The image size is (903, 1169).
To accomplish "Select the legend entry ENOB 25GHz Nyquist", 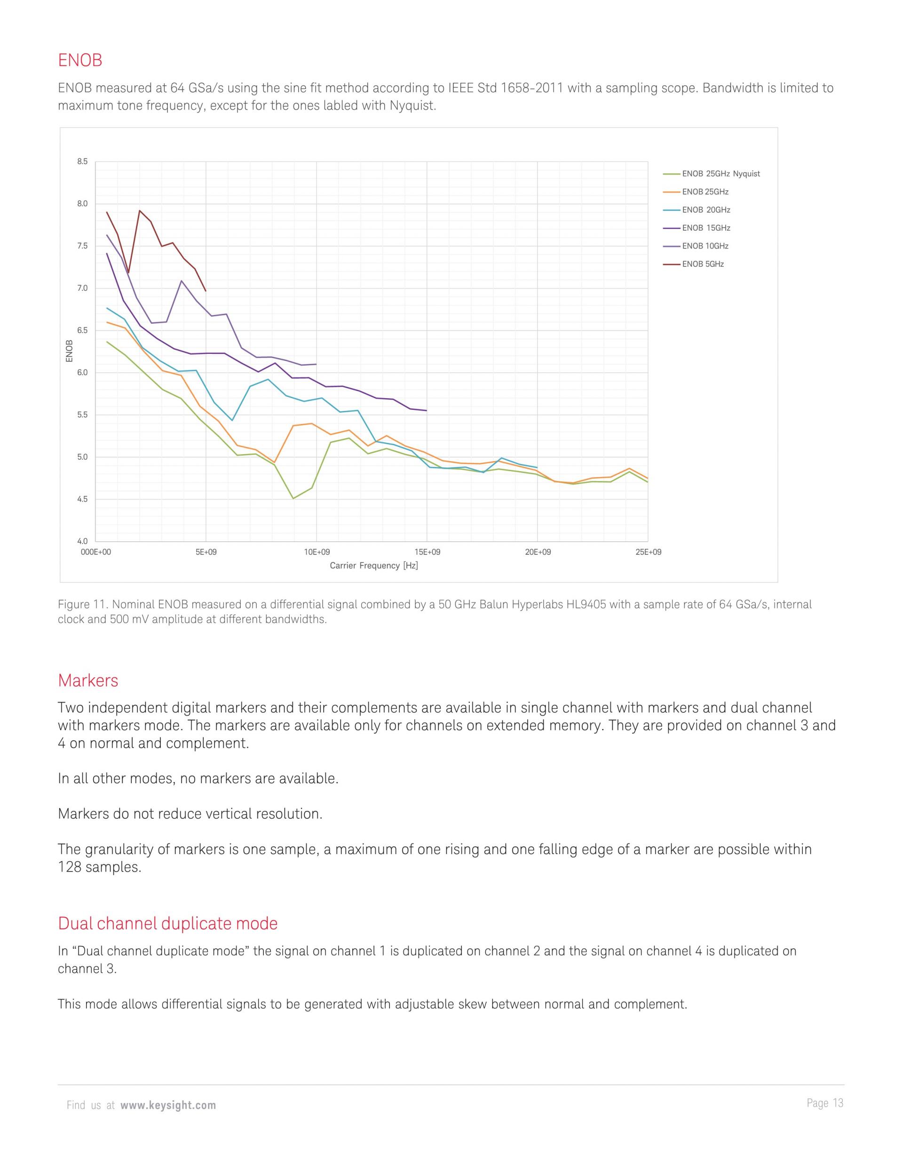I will pyautogui.click(x=720, y=174).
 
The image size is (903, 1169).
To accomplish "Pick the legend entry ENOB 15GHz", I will pyautogui.click(x=705, y=228).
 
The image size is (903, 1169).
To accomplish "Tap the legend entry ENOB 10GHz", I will pyautogui.click(x=705, y=246).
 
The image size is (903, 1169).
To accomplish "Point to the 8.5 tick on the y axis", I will pyautogui.click(x=82, y=161).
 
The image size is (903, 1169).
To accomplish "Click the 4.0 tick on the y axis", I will pyautogui.click(x=82, y=542).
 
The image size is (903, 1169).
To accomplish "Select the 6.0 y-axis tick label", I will pyautogui.click(x=82, y=373).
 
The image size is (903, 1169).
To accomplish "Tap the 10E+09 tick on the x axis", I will pyautogui.click(x=317, y=552).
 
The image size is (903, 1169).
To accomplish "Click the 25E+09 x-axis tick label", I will pyautogui.click(x=649, y=552).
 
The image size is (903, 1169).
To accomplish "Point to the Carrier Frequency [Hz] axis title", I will pyautogui.click(x=373, y=566).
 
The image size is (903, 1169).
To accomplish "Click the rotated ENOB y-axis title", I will pyautogui.click(x=69, y=351).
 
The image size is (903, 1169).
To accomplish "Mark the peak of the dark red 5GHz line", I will pyautogui.click(x=140, y=210).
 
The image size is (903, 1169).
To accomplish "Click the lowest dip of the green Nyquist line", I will pyautogui.click(x=293, y=498).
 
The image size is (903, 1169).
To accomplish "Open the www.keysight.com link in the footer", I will pyautogui.click(x=168, y=1105).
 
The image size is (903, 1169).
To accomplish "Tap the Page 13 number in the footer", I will pyautogui.click(x=824, y=1103).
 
